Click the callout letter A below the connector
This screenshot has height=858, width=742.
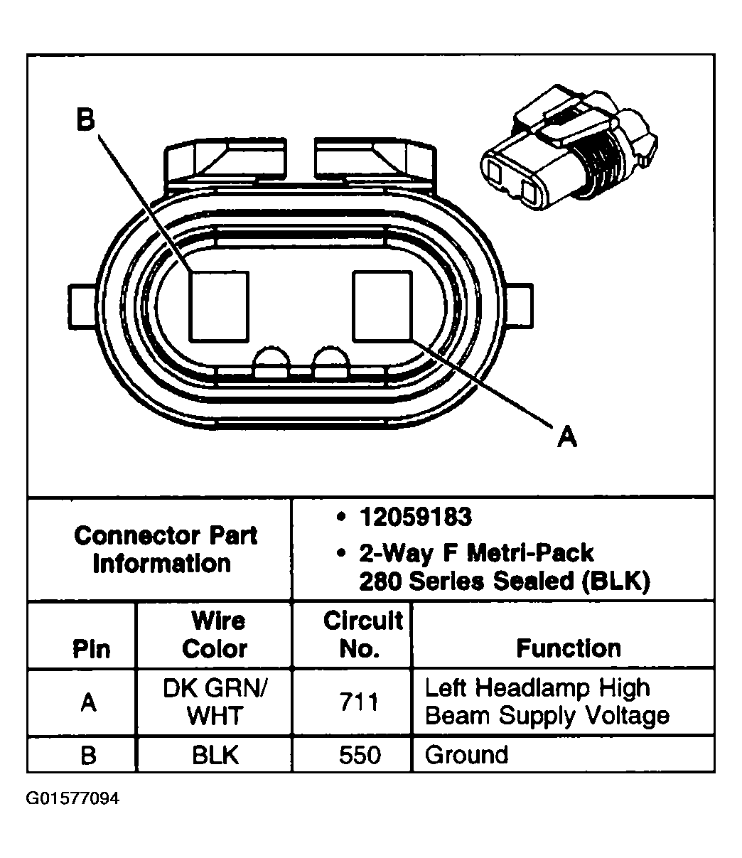566,436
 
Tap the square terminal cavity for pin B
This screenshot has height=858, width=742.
219,305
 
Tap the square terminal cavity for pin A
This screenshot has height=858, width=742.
382,305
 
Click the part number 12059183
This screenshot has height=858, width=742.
415,518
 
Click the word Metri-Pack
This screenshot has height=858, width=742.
530,552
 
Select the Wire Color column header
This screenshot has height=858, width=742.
214,635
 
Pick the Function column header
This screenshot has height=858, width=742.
568,648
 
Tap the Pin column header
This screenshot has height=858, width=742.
92,649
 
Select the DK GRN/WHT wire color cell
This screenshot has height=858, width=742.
215,702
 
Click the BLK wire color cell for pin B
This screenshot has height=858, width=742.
214,754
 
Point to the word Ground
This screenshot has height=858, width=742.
466,754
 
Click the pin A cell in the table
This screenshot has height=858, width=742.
87,702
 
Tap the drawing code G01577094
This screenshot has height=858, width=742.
73,798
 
